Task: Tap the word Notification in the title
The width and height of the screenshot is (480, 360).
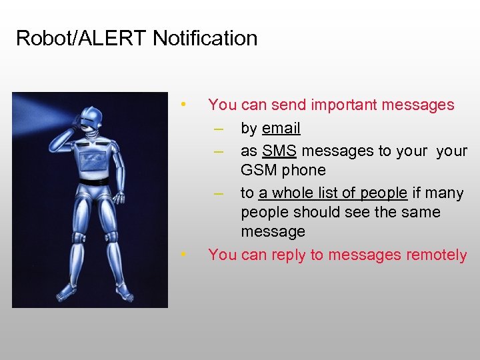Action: pyautogui.click(x=205, y=39)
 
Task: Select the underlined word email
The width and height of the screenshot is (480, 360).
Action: pyautogui.click(x=281, y=128)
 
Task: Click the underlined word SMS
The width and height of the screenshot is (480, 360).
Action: pyautogui.click(x=279, y=151)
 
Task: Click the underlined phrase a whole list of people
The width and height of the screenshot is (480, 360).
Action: pyautogui.click(x=333, y=193)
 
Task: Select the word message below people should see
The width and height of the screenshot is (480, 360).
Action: pyautogui.click(x=273, y=232)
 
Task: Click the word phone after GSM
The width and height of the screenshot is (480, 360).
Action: pyautogui.click(x=303, y=171)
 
